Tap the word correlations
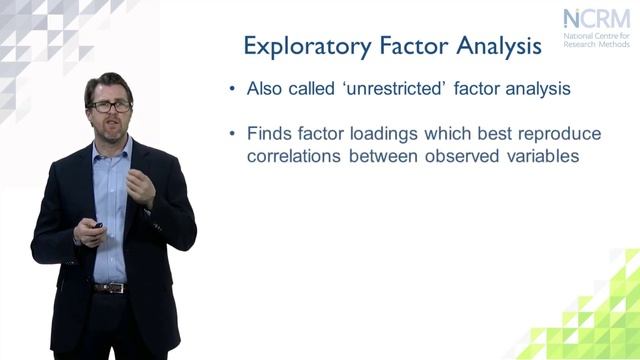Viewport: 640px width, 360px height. pos(296,156)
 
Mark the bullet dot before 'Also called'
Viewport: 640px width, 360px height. pos(232,89)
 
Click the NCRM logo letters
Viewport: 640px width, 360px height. pos(596,19)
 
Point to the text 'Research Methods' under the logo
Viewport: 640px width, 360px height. pos(597,45)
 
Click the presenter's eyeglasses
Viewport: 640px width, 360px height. pos(109,106)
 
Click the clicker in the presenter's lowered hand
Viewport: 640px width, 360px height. pos(96,227)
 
